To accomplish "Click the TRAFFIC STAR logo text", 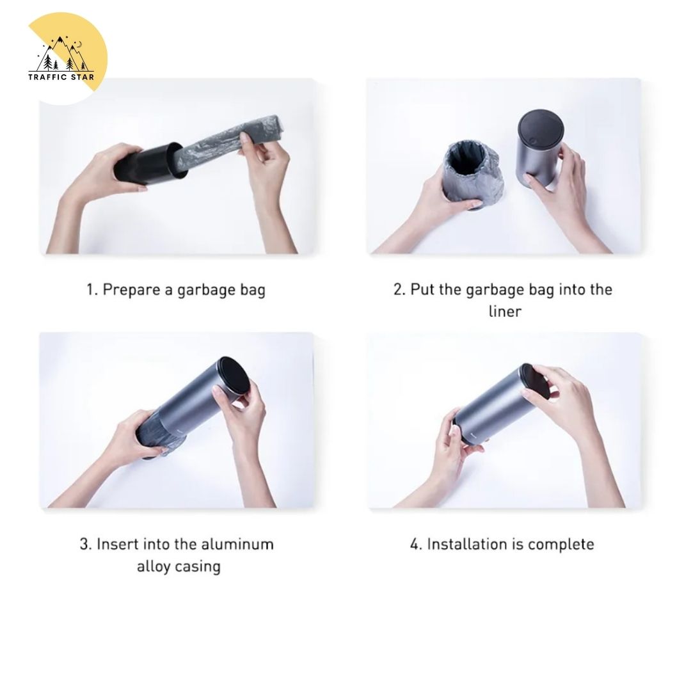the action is pos(61,77).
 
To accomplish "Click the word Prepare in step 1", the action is pos(131,290).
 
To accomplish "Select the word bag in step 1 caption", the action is pos(253,290).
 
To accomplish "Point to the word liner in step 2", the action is pos(505,311).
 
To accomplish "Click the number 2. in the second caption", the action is pos(399,289).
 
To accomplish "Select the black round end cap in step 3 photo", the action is pos(232,379).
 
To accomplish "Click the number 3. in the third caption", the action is pos(86,544).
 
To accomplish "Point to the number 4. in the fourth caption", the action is pos(416,544).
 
